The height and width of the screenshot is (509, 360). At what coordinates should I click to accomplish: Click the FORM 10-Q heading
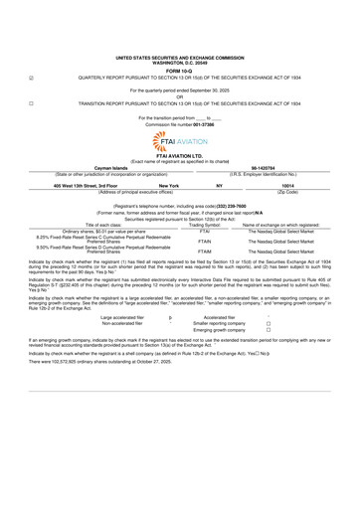(179, 27)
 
